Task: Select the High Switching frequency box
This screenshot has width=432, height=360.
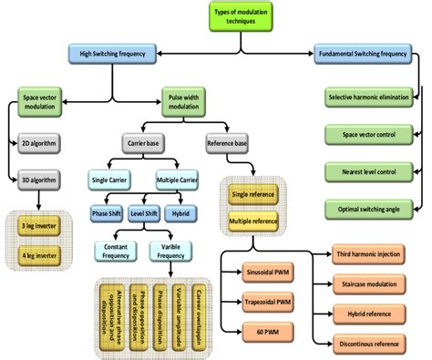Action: click(112, 56)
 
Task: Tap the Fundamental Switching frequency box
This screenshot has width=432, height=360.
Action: click(374, 56)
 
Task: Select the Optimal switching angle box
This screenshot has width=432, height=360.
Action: click(375, 208)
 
